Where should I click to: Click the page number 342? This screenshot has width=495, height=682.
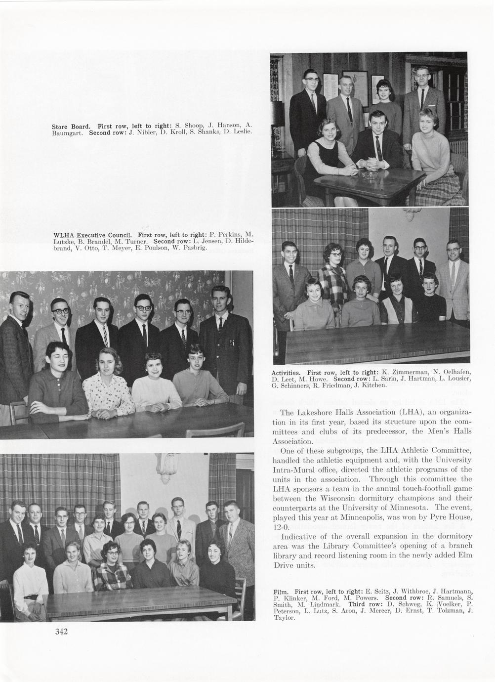[61, 631]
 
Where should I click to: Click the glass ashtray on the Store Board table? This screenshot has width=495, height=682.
[369, 175]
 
